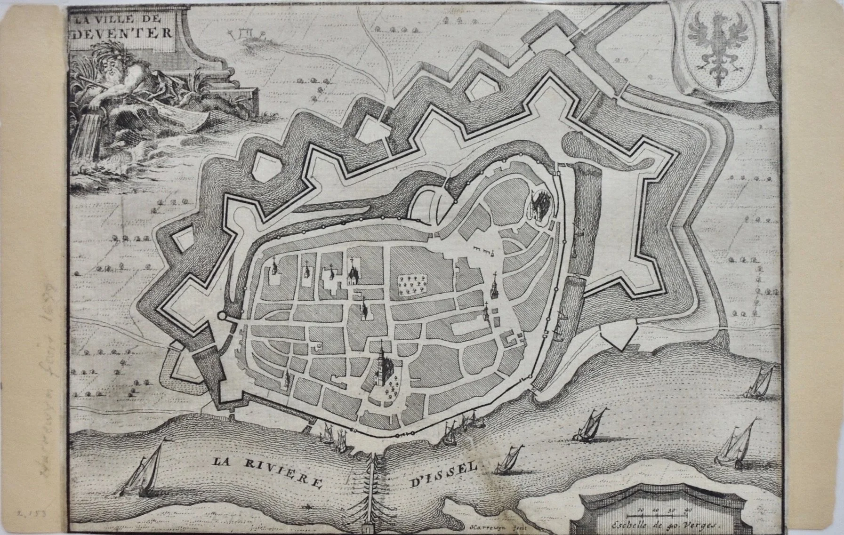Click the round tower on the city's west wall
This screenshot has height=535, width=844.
tap(222, 316)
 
